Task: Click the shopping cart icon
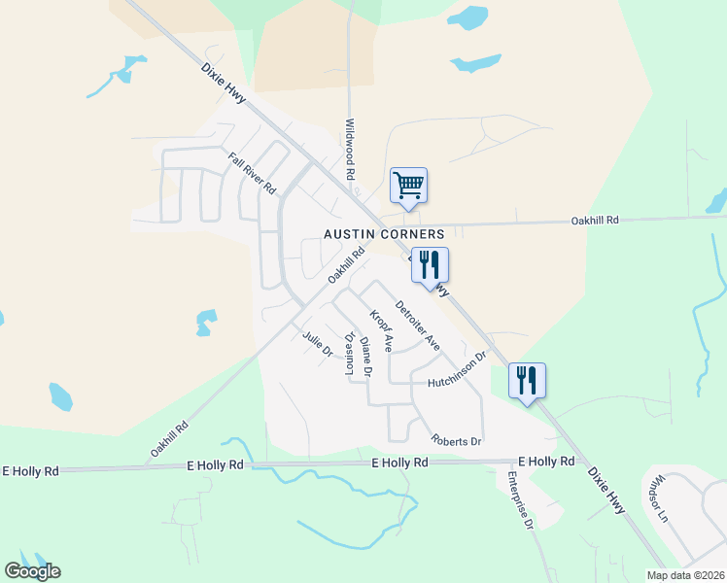click(409, 186)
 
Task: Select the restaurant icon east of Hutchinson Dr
click(527, 381)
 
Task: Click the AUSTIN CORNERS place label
click(384, 234)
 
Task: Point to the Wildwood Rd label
click(349, 150)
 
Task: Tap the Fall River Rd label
click(253, 172)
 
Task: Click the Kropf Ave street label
click(380, 331)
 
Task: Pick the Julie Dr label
click(318, 345)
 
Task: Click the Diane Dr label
click(365, 357)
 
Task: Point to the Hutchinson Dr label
click(456, 371)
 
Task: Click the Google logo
click(32, 570)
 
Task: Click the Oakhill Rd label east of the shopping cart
click(595, 221)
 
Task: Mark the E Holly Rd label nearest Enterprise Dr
click(545, 461)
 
